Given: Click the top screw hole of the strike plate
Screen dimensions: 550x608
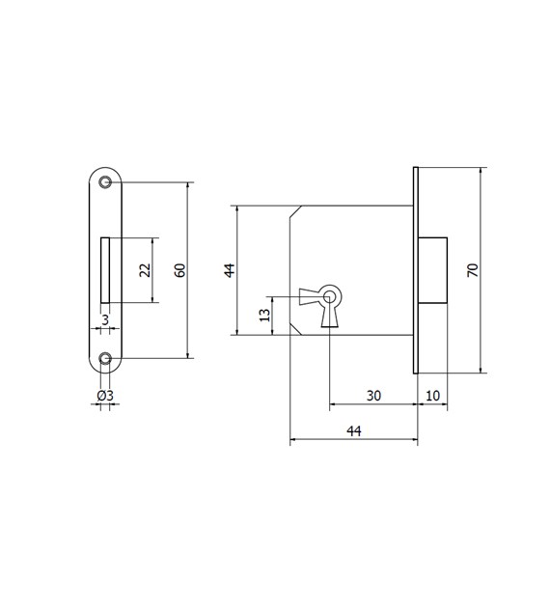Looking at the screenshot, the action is click(x=104, y=181).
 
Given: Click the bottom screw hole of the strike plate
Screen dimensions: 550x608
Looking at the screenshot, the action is click(x=104, y=359).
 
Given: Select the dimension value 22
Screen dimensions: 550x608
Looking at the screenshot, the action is click(x=145, y=270).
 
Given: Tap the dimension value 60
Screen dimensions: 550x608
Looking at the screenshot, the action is click(x=179, y=270).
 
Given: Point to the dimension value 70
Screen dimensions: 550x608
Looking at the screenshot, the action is click(x=473, y=270).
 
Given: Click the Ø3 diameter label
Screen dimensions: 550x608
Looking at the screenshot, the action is click(x=105, y=396).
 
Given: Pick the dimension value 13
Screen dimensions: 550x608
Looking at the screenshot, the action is click(x=264, y=316).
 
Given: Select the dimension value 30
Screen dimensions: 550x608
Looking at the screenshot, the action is click(x=373, y=396).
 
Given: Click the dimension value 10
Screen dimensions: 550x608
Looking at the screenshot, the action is click(x=432, y=396).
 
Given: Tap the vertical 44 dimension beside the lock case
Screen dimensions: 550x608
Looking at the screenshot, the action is click(x=230, y=270).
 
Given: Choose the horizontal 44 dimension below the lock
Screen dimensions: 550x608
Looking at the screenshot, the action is click(x=354, y=430).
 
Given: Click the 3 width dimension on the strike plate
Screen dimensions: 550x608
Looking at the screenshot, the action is click(x=105, y=320).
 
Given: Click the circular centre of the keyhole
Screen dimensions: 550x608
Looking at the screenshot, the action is click(x=329, y=297).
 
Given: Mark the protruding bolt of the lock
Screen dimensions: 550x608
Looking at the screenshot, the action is click(x=432, y=270).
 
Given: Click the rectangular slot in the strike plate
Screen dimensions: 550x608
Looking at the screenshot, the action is click(x=105, y=270).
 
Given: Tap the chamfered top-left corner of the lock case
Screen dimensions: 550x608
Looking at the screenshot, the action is click(x=295, y=211).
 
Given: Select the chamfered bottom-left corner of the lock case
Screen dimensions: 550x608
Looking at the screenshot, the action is click(x=295, y=328).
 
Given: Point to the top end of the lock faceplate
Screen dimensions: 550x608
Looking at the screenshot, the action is click(x=416, y=168).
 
